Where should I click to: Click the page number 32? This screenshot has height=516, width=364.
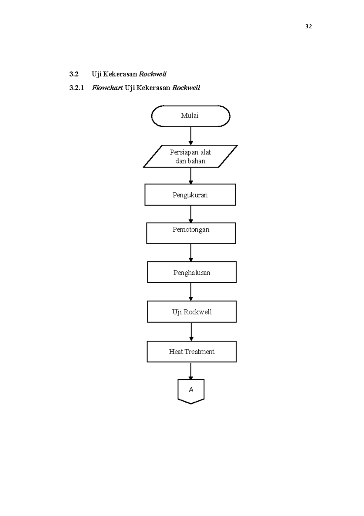click(x=308, y=26)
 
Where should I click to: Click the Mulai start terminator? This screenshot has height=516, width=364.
click(x=190, y=116)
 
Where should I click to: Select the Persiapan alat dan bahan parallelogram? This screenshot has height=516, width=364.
click(x=190, y=156)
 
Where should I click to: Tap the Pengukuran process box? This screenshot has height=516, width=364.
click(x=190, y=195)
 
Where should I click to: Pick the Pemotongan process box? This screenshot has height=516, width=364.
click(x=191, y=233)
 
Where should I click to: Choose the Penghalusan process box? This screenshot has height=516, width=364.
click(x=192, y=272)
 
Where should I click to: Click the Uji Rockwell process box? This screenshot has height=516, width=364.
click(x=192, y=312)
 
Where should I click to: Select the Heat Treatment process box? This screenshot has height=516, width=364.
click(x=192, y=352)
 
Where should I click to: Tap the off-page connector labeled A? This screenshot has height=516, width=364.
click(x=191, y=390)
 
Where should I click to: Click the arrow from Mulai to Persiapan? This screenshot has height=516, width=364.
click(x=191, y=136)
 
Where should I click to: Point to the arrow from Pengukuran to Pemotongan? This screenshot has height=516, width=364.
click(x=191, y=214)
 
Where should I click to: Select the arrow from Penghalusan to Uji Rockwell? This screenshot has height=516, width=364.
click(x=191, y=292)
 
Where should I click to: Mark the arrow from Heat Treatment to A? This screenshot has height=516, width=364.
click(x=191, y=371)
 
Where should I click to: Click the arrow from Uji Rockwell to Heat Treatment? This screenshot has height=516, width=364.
click(x=191, y=332)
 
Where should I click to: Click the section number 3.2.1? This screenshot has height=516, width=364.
click(x=76, y=88)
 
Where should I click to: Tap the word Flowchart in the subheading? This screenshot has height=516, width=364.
click(x=107, y=88)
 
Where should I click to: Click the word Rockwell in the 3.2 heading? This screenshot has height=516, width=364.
click(x=153, y=74)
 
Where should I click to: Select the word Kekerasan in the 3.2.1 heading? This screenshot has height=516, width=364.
click(x=153, y=88)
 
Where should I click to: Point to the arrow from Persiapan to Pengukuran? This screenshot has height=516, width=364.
click(x=191, y=176)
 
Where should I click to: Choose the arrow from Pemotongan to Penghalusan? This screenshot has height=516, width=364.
click(x=191, y=253)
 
